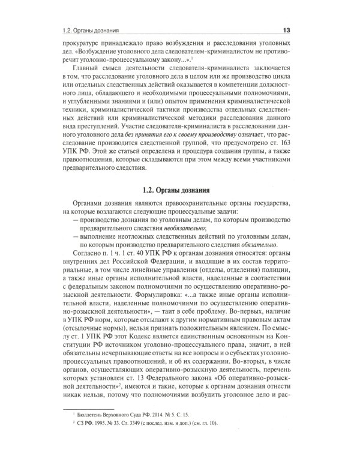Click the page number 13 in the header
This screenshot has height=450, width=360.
286,30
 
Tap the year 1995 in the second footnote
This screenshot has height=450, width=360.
109,424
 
